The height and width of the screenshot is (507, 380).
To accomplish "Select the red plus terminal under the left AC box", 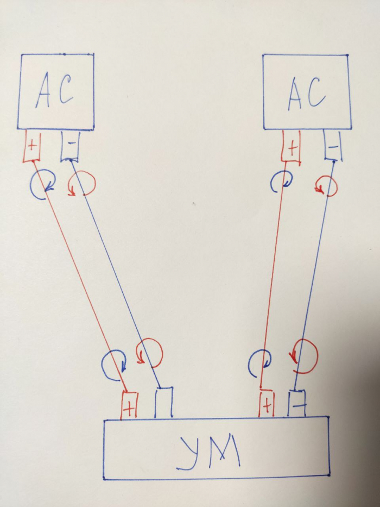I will pyautogui.click(x=32, y=146).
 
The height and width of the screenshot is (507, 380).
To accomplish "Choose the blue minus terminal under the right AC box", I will pyautogui.click(x=333, y=147).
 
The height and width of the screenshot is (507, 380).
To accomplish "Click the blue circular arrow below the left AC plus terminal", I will pyautogui.click(x=42, y=184).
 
